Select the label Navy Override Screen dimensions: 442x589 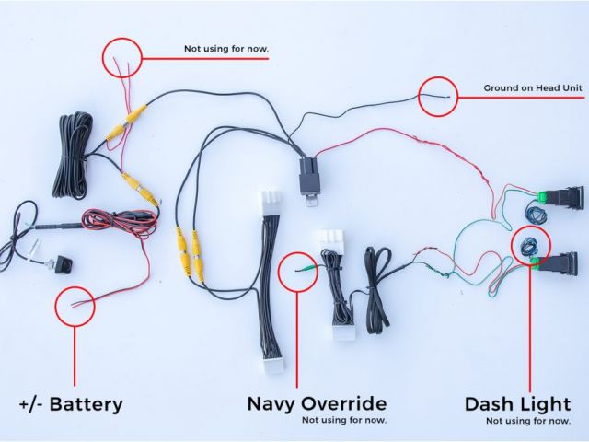[316, 404]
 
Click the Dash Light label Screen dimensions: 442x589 [517, 404]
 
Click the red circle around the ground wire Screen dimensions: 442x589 [439, 95]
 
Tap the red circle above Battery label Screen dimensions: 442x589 [75, 305]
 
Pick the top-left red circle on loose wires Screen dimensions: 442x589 [122, 57]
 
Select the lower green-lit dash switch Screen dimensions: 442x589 [563, 273]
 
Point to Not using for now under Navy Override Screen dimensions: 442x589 [345, 421]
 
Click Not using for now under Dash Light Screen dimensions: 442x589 [528, 421]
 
